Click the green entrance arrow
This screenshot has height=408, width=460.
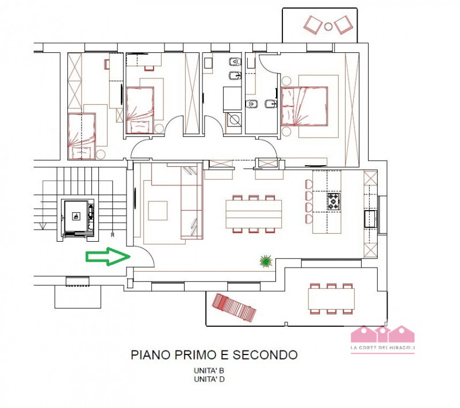108,257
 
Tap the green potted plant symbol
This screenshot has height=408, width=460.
266,261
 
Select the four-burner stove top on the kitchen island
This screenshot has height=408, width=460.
334,201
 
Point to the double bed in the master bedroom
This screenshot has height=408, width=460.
304,106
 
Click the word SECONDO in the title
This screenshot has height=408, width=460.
265,355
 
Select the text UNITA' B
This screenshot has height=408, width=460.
209,371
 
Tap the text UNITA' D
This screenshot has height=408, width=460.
209,379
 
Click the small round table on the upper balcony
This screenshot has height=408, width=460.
328,26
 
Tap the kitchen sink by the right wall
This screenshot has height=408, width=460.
371,219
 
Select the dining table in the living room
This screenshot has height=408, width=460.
254,214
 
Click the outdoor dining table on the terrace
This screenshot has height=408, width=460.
331,299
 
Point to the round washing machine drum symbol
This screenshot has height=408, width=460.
235,120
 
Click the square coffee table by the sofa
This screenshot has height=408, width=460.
158,211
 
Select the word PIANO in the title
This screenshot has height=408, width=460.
151,355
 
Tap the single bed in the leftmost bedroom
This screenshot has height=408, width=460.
82,136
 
